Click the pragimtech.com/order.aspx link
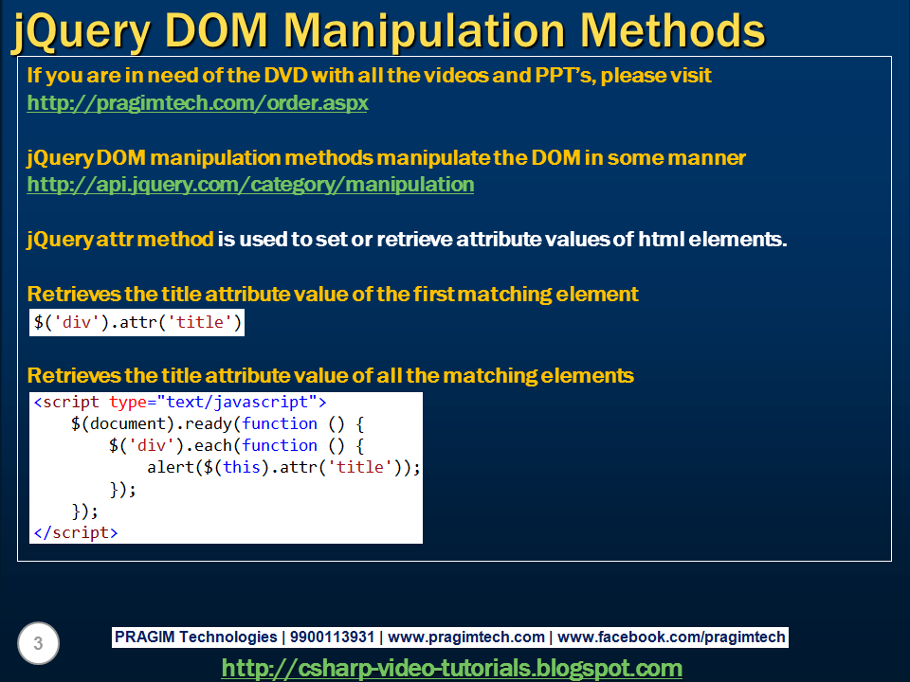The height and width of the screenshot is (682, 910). (x=197, y=102)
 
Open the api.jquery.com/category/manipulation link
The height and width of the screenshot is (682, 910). (x=250, y=184)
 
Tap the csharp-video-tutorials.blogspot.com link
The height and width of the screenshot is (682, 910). (x=451, y=668)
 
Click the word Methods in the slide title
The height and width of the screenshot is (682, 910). (x=672, y=30)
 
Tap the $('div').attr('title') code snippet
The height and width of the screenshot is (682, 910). (x=137, y=323)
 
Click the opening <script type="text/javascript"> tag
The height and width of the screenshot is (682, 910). (x=180, y=403)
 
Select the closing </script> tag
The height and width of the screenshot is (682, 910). (x=76, y=532)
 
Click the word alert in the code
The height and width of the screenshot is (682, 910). (x=171, y=467)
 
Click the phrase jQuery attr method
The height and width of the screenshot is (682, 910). (x=120, y=239)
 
